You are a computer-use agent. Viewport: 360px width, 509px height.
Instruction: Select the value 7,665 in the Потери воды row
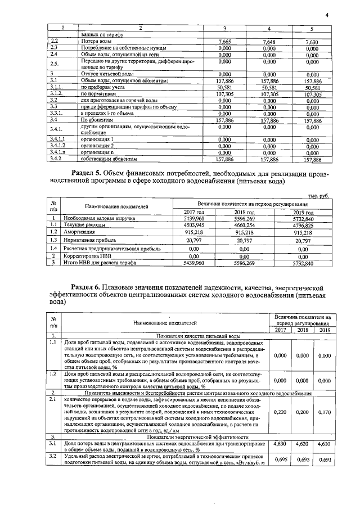224,42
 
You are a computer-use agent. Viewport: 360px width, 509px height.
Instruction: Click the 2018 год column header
244,211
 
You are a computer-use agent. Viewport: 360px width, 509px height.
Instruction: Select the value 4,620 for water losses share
301,444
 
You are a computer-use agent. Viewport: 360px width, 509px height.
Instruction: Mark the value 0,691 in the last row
323,460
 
